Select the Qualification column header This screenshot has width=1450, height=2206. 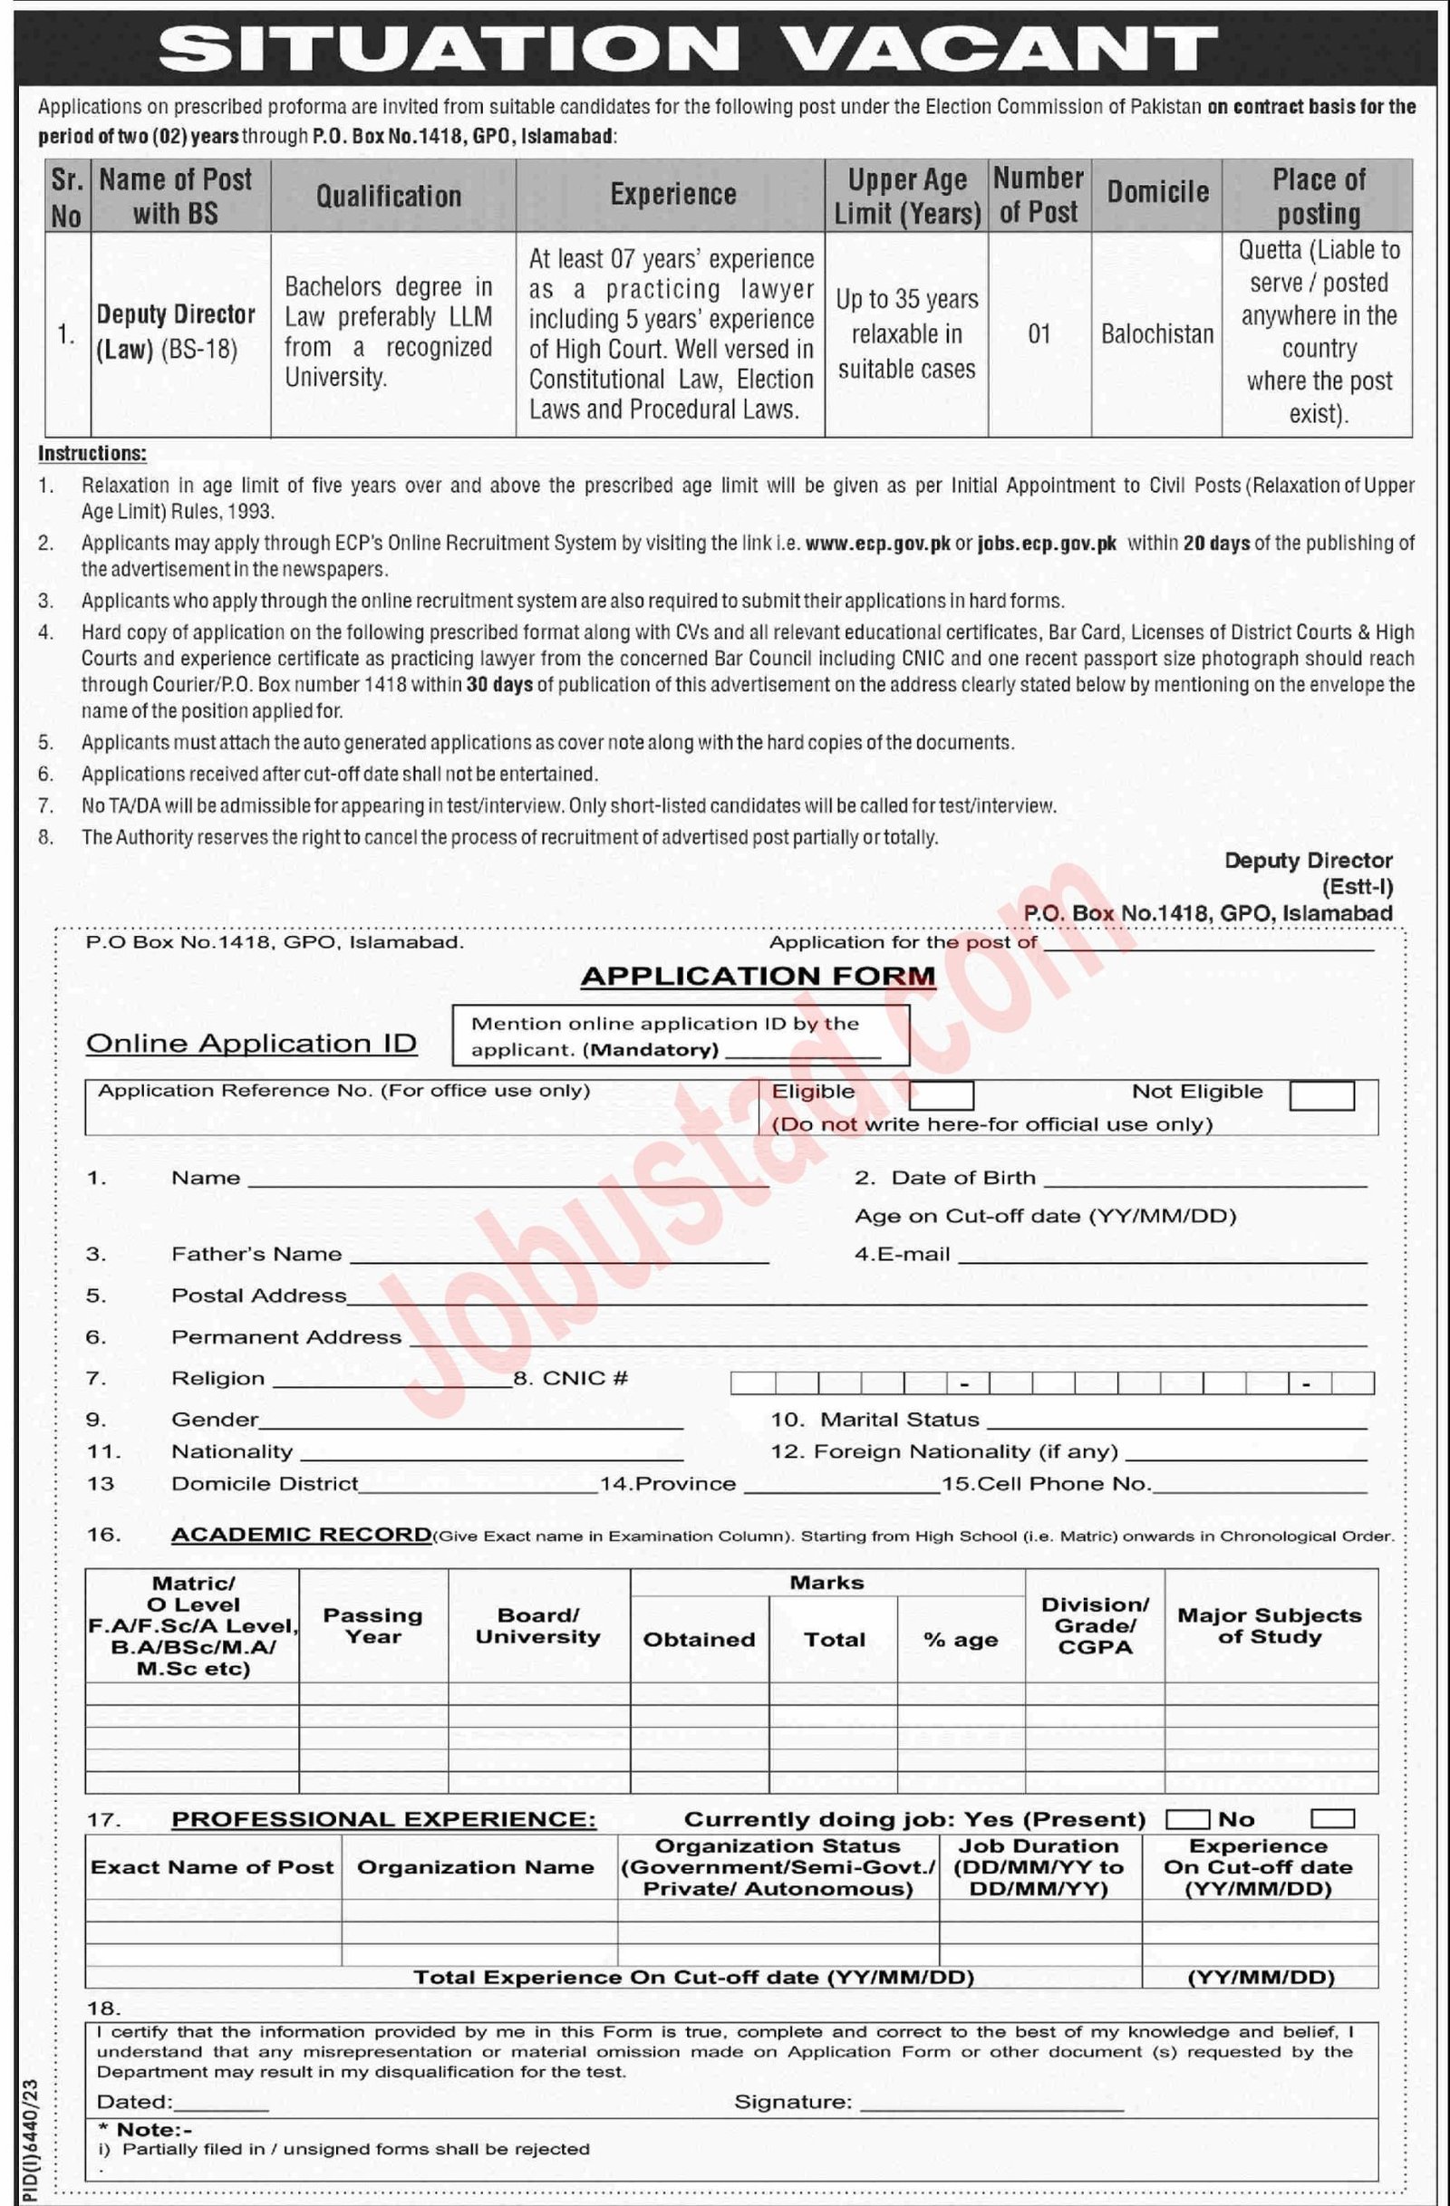389,196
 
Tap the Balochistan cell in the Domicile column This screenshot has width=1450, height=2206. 1157,333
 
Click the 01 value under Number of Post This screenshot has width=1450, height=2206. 1039,333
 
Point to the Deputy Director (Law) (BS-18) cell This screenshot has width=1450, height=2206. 176,332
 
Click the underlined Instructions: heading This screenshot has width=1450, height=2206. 92,453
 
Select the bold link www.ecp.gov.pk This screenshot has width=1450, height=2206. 878,544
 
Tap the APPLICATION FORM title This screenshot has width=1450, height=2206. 758,976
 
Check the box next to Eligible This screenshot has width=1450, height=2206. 941,1094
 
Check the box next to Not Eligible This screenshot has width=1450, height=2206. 1321,1094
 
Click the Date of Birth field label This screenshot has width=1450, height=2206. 963,1177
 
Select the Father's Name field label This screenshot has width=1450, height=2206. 256,1254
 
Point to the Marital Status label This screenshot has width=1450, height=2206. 899,1419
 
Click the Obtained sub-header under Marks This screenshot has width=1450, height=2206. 699,1640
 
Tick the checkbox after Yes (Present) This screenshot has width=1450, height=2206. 1186,1819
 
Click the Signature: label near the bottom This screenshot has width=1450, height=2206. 793,2102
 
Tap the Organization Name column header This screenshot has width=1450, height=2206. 476,1868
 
